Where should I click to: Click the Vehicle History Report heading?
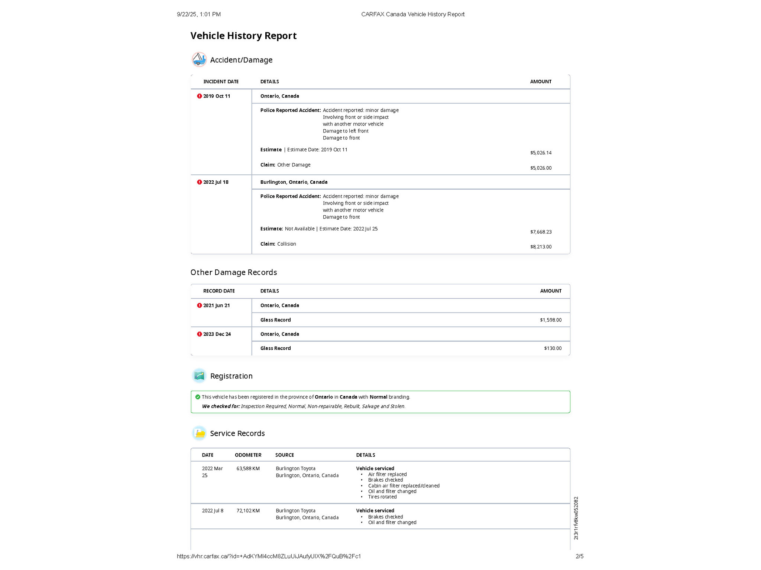click(243, 36)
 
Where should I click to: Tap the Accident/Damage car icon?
click(199, 59)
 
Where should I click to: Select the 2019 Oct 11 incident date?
click(216, 96)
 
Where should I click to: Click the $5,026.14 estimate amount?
click(541, 153)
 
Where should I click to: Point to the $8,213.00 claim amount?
click(541, 247)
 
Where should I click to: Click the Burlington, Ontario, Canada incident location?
click(294, 182)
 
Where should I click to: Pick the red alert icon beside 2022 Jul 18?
click(200, 182)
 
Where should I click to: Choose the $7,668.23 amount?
click(541, 232)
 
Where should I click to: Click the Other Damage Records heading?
click(234, 272)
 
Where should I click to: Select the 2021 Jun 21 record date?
click(216, 305)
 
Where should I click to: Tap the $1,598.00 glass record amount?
click(551, 320)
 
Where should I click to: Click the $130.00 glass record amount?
click(553, 348)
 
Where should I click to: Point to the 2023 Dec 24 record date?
click(217, 334)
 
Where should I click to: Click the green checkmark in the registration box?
click(198, 397)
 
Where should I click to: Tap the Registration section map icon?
click(199, 376)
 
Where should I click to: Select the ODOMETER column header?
click(248, 455)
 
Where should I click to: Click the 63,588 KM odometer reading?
click(248, 469)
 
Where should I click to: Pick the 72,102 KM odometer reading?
click(248, 511)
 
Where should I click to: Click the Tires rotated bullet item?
click(382, 497)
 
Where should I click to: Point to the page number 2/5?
click(579, 556)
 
